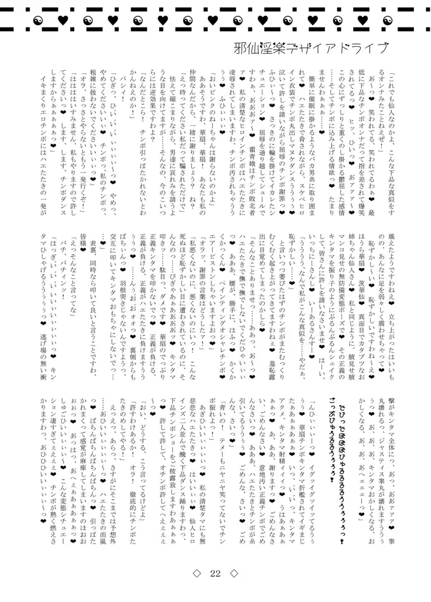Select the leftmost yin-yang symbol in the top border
32,21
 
